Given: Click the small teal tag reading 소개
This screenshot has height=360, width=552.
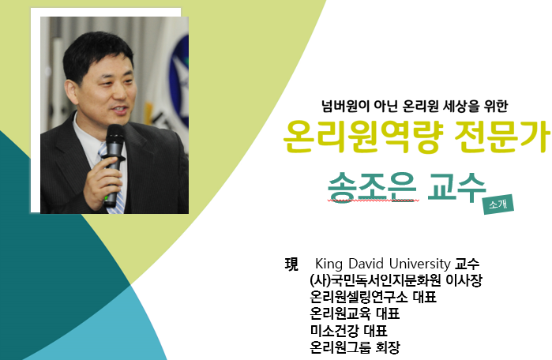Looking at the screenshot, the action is pyautogui.click(x=498, y=204).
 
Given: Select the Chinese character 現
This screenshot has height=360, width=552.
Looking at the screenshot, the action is pyautogui.click(x=291, y=264).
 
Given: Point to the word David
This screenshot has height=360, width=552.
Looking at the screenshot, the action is pyautogui.click(x=366, y=264).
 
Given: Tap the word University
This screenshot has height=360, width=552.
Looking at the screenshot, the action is pyautogui.click(x=419, y=264).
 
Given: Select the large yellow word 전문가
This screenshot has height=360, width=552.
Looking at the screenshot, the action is pyautogui.click(x=501, y=137).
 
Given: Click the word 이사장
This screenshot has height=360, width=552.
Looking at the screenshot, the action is pyautogui.click(x=464, y=280).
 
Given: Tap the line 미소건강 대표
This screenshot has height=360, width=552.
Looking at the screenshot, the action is pyautogui.click(x=348, y=331).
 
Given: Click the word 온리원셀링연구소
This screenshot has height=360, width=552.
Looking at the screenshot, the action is pyautogui.click(x=359, y=297).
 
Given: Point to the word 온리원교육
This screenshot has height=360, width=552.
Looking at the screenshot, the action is pyautogui.click(x=340, y=313).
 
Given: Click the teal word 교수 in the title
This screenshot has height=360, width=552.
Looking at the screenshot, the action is pyautogui.click(x=456, y=187).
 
